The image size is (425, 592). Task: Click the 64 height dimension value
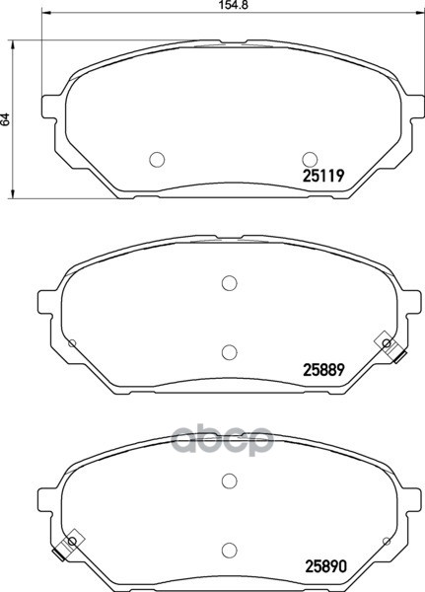(5, 119)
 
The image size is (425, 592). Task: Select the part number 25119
(323, 176)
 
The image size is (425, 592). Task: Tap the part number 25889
(323, 370)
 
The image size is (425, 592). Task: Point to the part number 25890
(325, 566)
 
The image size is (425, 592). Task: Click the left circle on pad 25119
(157, 159)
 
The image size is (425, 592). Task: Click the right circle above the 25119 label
(310, 159)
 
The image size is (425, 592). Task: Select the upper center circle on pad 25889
(229, 283)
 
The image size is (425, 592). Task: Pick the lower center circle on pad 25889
(229, 352)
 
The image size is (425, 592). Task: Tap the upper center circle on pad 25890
(229, 481)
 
